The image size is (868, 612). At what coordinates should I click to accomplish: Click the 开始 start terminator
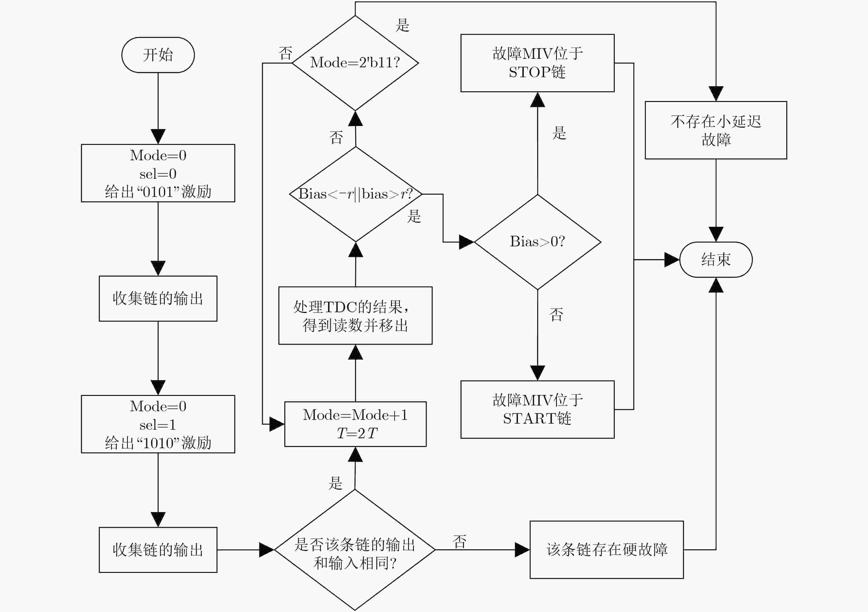click(x=158, y=55)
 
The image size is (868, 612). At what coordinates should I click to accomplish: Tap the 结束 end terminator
click(x=716, y=260)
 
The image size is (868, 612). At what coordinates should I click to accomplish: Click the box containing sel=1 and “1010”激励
click(x=158, y=424)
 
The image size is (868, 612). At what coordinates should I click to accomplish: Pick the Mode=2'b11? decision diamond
click(x=355, y=63)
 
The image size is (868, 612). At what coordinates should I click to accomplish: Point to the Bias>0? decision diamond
click(x=538, y=242)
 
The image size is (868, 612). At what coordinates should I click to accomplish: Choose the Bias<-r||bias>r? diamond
click(x=355, y=194)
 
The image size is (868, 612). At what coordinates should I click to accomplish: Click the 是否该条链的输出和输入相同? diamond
click(x=355, y=550)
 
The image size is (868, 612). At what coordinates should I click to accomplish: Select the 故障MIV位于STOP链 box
click(x=538, y=63)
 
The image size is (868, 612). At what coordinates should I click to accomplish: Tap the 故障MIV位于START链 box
click(x=538, y=410)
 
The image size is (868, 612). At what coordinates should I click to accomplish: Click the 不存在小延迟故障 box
click(x=716, y=130)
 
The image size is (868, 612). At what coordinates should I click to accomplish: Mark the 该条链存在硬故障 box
click(x=607, y=550)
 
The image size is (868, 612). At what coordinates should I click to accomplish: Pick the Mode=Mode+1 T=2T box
click(x=355, y=424)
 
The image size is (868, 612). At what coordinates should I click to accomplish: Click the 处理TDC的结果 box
click(x=355, y=315)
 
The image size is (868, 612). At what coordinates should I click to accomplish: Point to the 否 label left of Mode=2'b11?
click(x=286, y=53)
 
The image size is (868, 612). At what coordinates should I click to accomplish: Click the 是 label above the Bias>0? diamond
click(x=559, y=133)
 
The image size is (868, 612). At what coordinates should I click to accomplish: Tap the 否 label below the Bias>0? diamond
click(x=556, y=314)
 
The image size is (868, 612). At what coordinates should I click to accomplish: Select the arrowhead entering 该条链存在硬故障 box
click(x=522, y=550)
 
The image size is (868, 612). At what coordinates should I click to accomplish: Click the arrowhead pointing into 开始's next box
click(x=158, y=137)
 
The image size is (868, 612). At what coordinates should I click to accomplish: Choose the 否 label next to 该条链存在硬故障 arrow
click(x=460, y=542)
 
